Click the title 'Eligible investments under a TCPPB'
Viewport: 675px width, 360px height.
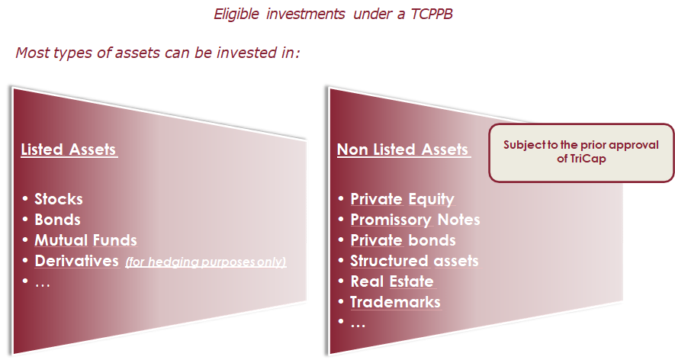tap(333, 14)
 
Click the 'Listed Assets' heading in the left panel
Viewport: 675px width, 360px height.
tap(69, 149)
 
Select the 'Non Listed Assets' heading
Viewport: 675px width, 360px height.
tap(403, 149)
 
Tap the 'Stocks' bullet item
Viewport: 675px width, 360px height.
tap(59, 199)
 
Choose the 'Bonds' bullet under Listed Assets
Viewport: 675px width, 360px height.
tap(58, 220)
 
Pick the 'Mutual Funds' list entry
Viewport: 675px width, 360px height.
tap(85, 240)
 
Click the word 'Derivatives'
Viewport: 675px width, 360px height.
tap(76, 261)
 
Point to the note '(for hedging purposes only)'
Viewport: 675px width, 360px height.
tap(206, 262)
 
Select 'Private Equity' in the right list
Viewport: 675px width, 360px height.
tap(403, 199)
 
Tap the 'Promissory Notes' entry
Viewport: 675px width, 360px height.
tap(415, 220)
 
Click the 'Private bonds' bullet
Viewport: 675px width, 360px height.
tap(403, 240)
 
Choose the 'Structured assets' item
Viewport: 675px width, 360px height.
tap(415, 261)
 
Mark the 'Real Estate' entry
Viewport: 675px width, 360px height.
tap(392, 281)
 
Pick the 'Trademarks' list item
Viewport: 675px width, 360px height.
tap(396, 302)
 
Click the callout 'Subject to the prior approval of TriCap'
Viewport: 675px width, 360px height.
tap(581, 153)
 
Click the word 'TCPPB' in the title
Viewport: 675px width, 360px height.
tap(432, 14)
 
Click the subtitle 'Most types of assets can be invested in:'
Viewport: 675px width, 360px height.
tap(158, 53)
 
